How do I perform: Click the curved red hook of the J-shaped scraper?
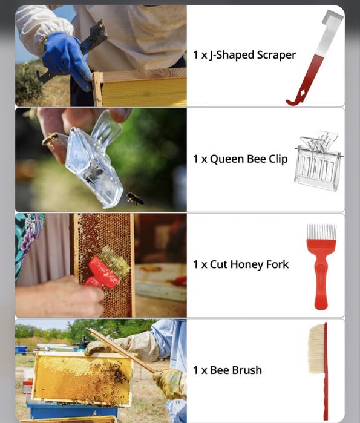click(x=295, y=102)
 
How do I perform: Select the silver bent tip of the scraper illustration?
click(x=332, y=17)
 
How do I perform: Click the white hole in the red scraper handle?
click(x=303, y=93)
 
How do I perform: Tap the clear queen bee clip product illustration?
click(x=319, y=161)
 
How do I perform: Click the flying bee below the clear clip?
click(x=136, y=199)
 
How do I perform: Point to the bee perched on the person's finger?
click(x=50, y=138)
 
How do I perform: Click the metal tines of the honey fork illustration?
click(x=322, y=232)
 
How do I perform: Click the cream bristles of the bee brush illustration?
click(x=316, y=349)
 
